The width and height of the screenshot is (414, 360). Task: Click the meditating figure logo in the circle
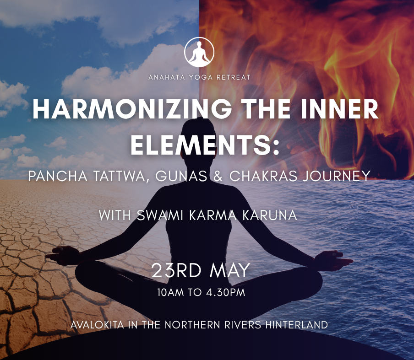click(199, 52)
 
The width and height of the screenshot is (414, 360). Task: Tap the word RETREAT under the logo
click(234, 77)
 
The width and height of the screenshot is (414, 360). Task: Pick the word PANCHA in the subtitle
click(58, 176)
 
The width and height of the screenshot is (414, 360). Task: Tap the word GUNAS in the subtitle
click(181, 176)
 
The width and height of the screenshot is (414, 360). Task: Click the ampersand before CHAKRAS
click(218, 176)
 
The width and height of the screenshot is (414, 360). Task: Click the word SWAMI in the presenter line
click(160, 215)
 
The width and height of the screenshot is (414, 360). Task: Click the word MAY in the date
click(230, 270)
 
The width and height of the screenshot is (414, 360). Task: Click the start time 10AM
click(170, 292)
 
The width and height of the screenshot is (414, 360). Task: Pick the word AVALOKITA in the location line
click(97, 325)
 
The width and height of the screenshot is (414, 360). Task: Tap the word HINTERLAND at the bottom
click(296, 325)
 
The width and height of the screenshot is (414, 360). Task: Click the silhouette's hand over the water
click(333, 260)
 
